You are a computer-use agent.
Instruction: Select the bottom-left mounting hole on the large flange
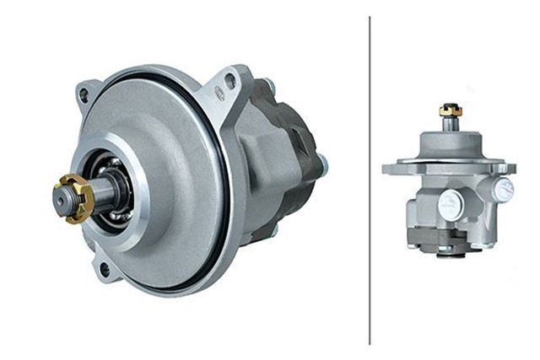pos(103,269)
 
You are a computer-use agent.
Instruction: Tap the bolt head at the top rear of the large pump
pos(269,84)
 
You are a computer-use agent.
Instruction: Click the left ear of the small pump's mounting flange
pos(391,169)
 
